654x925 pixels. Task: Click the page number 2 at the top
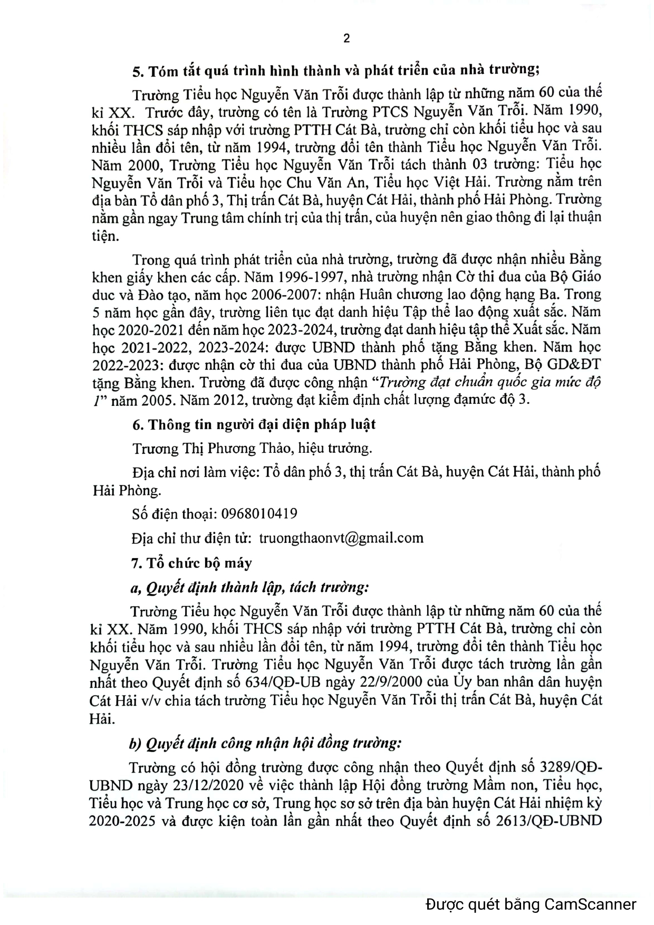(x=347, y=38)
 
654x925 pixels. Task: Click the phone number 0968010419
(x=259, y=513)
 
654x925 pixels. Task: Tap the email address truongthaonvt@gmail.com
(x=341, y=538)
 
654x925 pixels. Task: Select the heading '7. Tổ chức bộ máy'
(x=191, y=563)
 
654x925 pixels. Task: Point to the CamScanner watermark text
(x=531, y=904)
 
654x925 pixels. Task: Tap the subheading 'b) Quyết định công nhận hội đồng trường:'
(x=265, y=743)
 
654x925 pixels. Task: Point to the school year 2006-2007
(x=287, y=294)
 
